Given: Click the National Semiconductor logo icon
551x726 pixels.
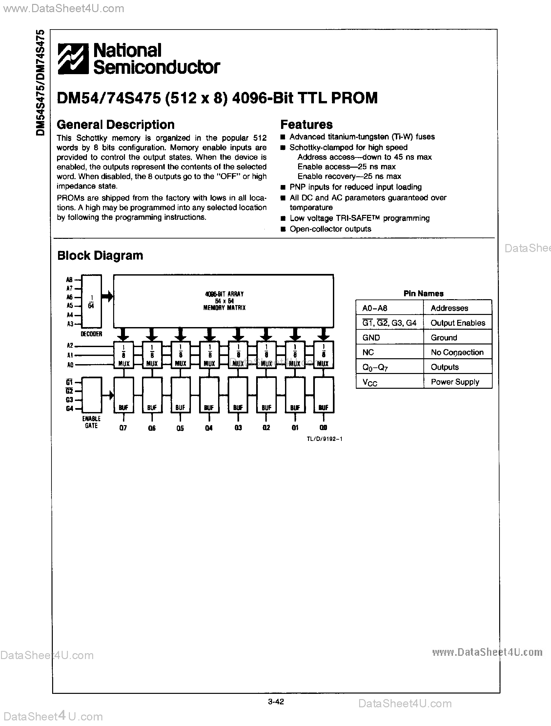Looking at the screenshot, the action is click(x=73, y=59).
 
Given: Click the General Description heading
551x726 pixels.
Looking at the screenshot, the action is click(x=115, y=125).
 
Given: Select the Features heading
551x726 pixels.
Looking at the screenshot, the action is click(x=306, y=125).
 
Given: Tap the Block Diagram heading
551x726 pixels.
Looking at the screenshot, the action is click(x=100, y=255).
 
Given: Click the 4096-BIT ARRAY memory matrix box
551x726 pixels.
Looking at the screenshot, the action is click(x=223, y=301).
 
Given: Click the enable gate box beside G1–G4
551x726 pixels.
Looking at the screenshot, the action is click(x=92, y=395).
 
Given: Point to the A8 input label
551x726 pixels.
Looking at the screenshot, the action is click(x=69, y=280).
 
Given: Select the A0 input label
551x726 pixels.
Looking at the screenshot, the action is click(x=70, y=365).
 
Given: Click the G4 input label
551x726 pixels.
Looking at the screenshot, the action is click(x=70, y=409).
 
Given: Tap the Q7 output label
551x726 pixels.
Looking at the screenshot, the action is click(x=123, y=428).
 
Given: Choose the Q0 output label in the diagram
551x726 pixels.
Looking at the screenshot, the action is click(x=323, y=428).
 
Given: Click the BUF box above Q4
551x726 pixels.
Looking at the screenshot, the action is click(x=209, y=395).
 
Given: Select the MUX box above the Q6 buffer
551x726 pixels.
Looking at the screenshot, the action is click(x=152, y=355).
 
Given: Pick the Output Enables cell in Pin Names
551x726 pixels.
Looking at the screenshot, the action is click(x=458, y=323).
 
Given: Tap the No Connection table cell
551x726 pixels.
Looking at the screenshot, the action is click(x=457, y=352).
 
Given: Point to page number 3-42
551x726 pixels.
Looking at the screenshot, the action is click(x=276, y=702).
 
